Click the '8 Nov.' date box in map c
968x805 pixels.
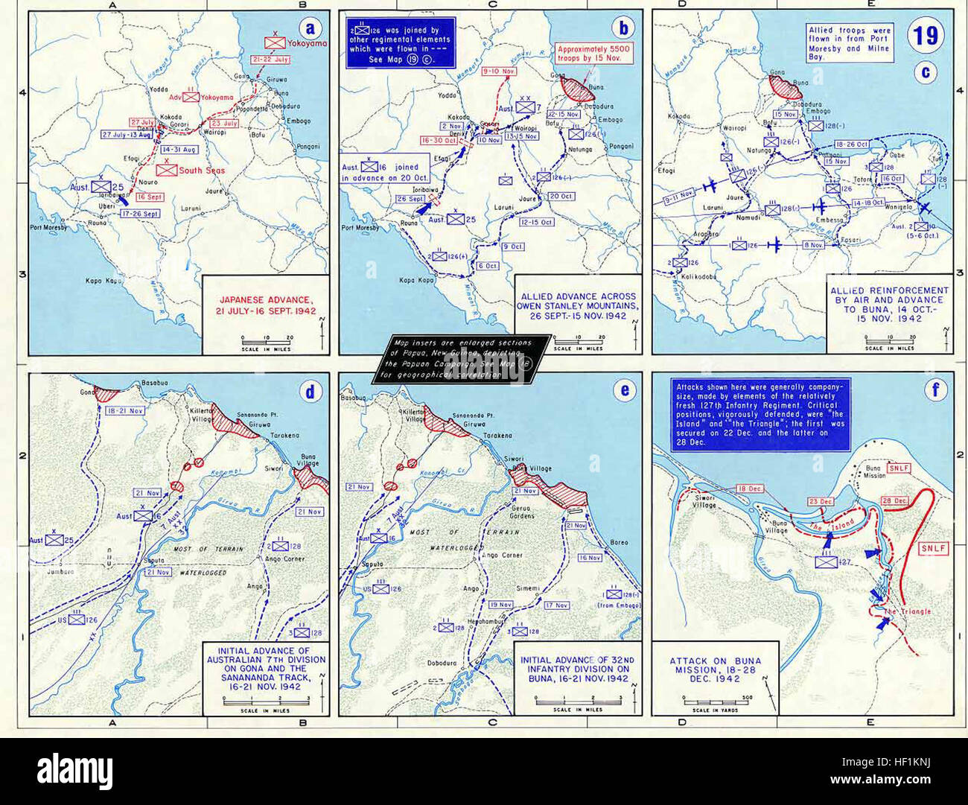814,245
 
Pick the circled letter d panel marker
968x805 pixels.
313,390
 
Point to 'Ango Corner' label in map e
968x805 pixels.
501,555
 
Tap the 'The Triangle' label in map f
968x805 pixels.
906,611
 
